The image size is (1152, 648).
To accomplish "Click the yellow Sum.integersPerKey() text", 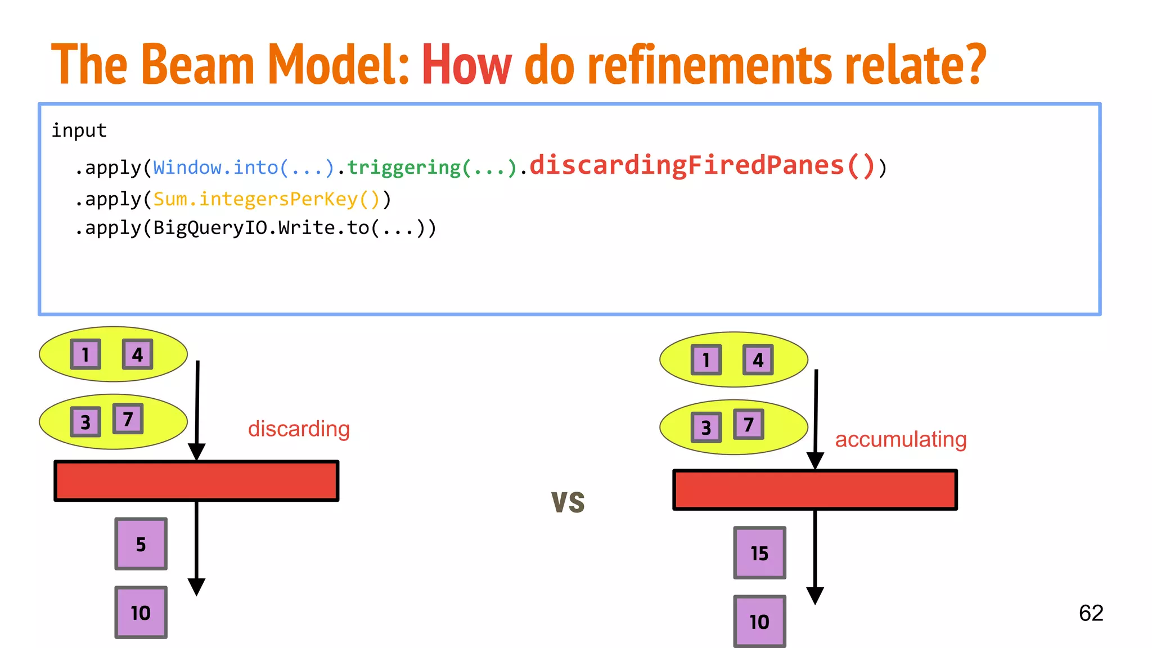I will [267, 199].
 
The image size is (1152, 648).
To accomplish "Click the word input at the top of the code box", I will [79, 130].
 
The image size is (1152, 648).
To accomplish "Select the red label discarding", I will [299, 429].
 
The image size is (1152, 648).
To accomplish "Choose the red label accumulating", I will [901, 439].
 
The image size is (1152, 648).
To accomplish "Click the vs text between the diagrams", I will [568, 502].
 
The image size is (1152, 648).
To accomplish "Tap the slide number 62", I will [1091, 613].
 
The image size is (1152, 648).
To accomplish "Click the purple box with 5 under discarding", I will [141, 544].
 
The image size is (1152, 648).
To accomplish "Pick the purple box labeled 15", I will [759, 553].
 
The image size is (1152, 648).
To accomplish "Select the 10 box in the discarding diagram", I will [141, 613].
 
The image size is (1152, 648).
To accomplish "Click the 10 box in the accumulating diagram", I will [759, 622].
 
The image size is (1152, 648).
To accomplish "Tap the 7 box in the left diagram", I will [128, 418].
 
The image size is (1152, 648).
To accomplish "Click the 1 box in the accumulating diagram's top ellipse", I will [706, 360].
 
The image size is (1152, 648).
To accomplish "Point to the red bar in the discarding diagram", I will [196, 481].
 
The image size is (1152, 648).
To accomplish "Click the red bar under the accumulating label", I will [815, 490].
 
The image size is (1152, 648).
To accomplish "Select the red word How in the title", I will [466, 65].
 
